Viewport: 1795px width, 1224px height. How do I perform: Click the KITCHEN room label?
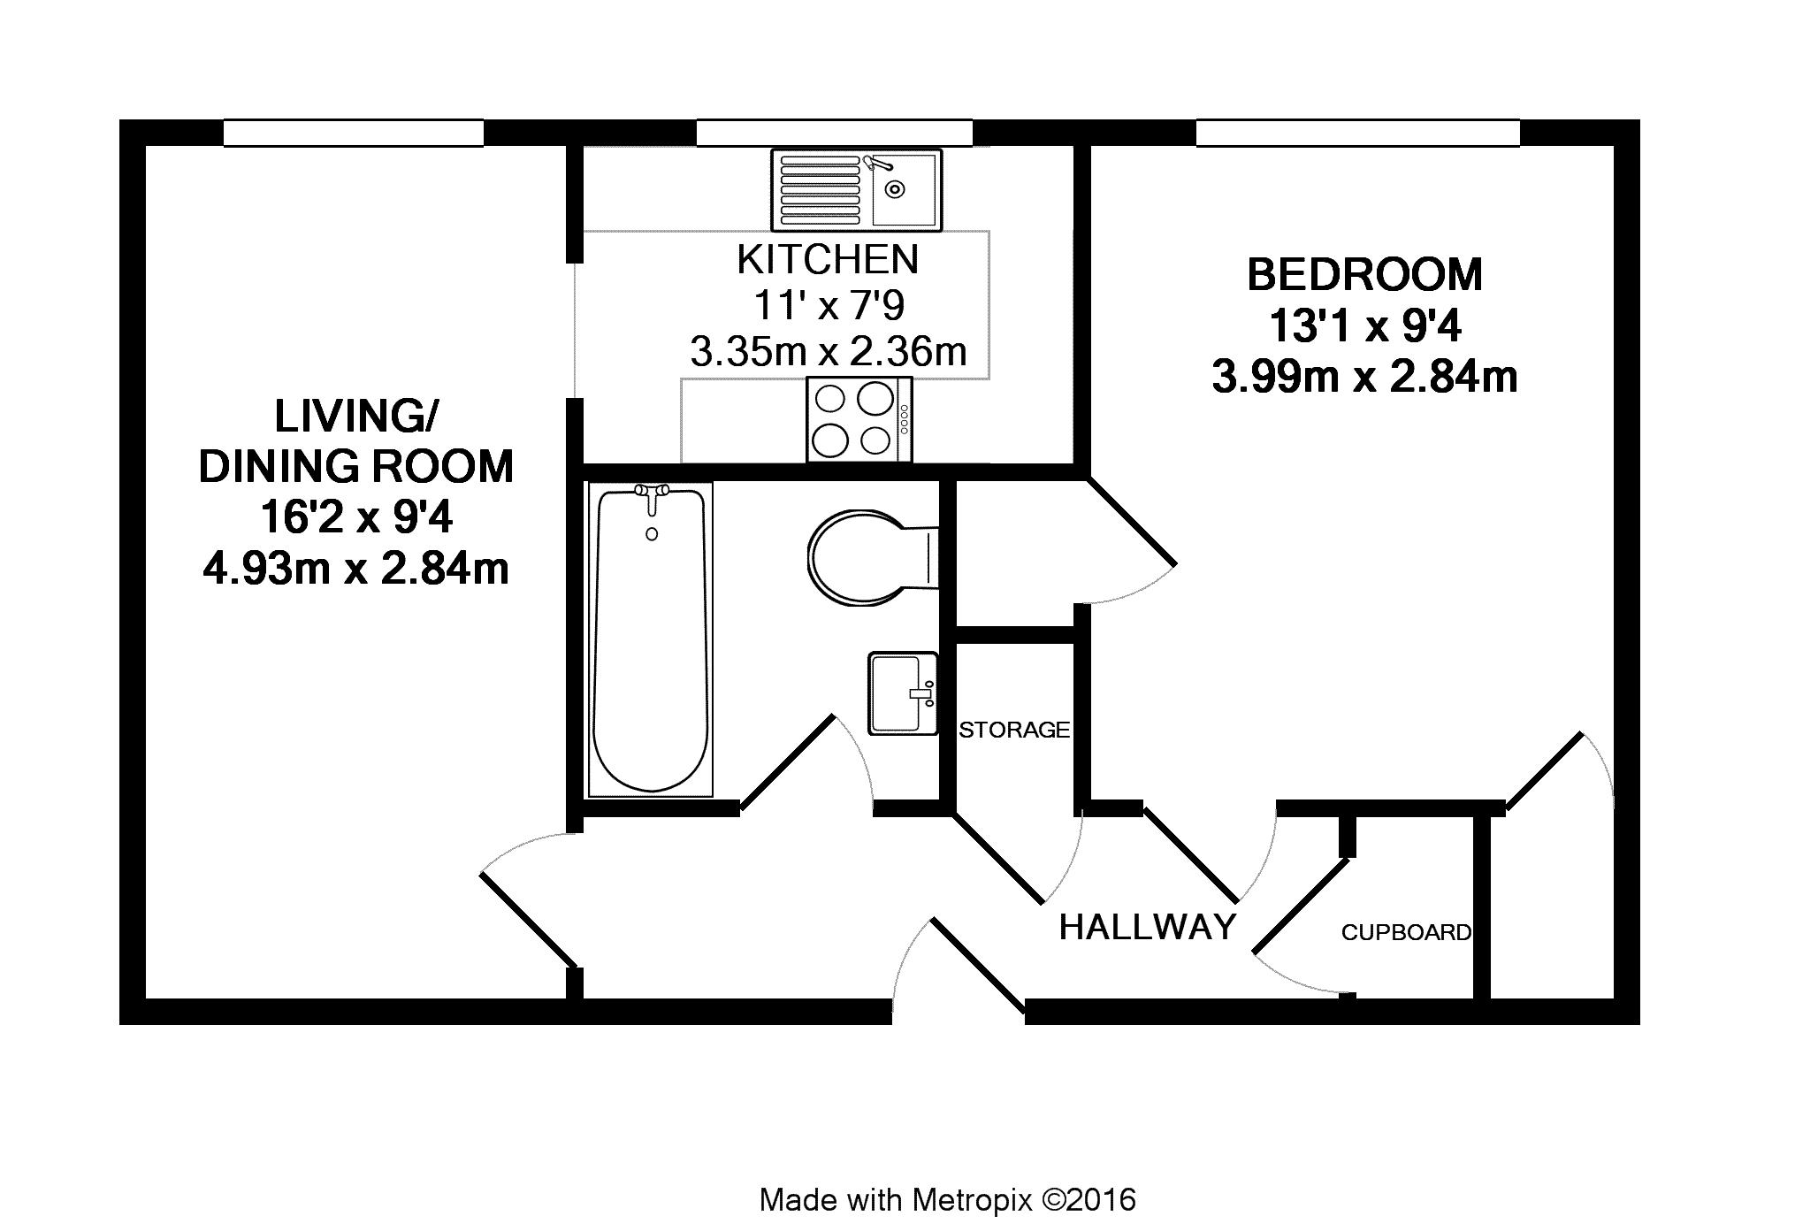click(x=828, y=259)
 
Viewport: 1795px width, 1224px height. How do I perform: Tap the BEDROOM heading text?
click(x=1364, y=274)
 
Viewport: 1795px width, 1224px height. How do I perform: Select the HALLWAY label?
click(x=1148, y=927)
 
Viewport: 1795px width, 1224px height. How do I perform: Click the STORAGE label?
click(x=1015, y=730)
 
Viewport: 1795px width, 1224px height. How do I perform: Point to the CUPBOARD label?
click(x=1406, y=932)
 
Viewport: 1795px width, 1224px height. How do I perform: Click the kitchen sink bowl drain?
click(x=896, y=188)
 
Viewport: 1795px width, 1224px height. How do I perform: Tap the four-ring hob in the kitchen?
click(x=859, y=419)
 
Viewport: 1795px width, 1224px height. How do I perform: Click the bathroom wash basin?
click(x=903, y=693)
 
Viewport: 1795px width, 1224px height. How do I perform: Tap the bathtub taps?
click(x=653, y=495)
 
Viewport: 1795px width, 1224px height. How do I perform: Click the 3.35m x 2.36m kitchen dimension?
click(x=828, y=352)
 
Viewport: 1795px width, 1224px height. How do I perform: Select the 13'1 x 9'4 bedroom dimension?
click(x=1364, y=327)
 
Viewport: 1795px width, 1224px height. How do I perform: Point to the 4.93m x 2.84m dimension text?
click(x=355, y=568)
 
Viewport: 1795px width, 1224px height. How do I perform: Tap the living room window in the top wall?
click(x=353, y=133)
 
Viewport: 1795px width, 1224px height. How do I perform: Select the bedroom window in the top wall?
click(x=1357, y=133)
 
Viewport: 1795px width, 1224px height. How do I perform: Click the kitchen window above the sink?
click(x=834, y=133)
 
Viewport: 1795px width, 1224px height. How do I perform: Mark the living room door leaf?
click(x=529, y=921)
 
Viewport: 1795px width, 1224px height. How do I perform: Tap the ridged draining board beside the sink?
click(x=821, y=188)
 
